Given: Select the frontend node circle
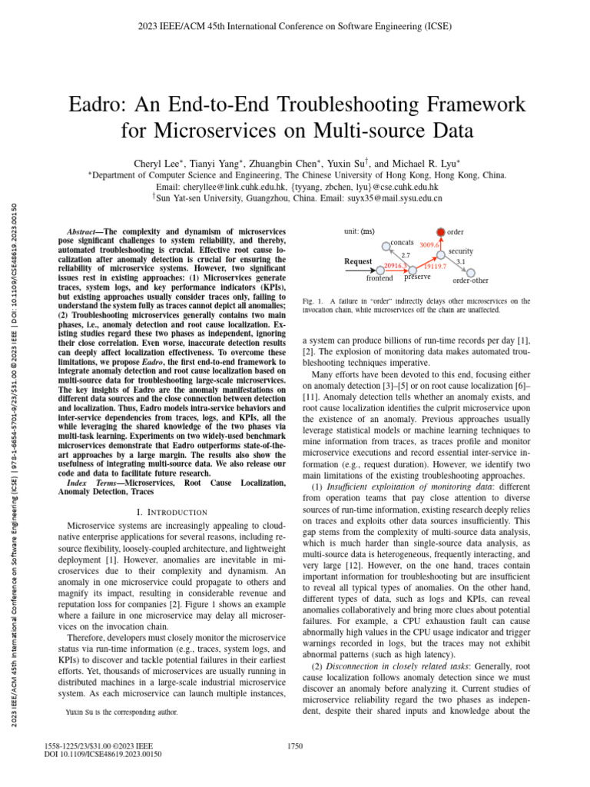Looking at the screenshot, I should [x=383, y=269].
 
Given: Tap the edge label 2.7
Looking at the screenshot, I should [x=406, y=254].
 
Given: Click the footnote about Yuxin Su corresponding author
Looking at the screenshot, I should [x=122, y=712].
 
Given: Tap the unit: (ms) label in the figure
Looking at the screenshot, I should [x=360, y=231].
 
